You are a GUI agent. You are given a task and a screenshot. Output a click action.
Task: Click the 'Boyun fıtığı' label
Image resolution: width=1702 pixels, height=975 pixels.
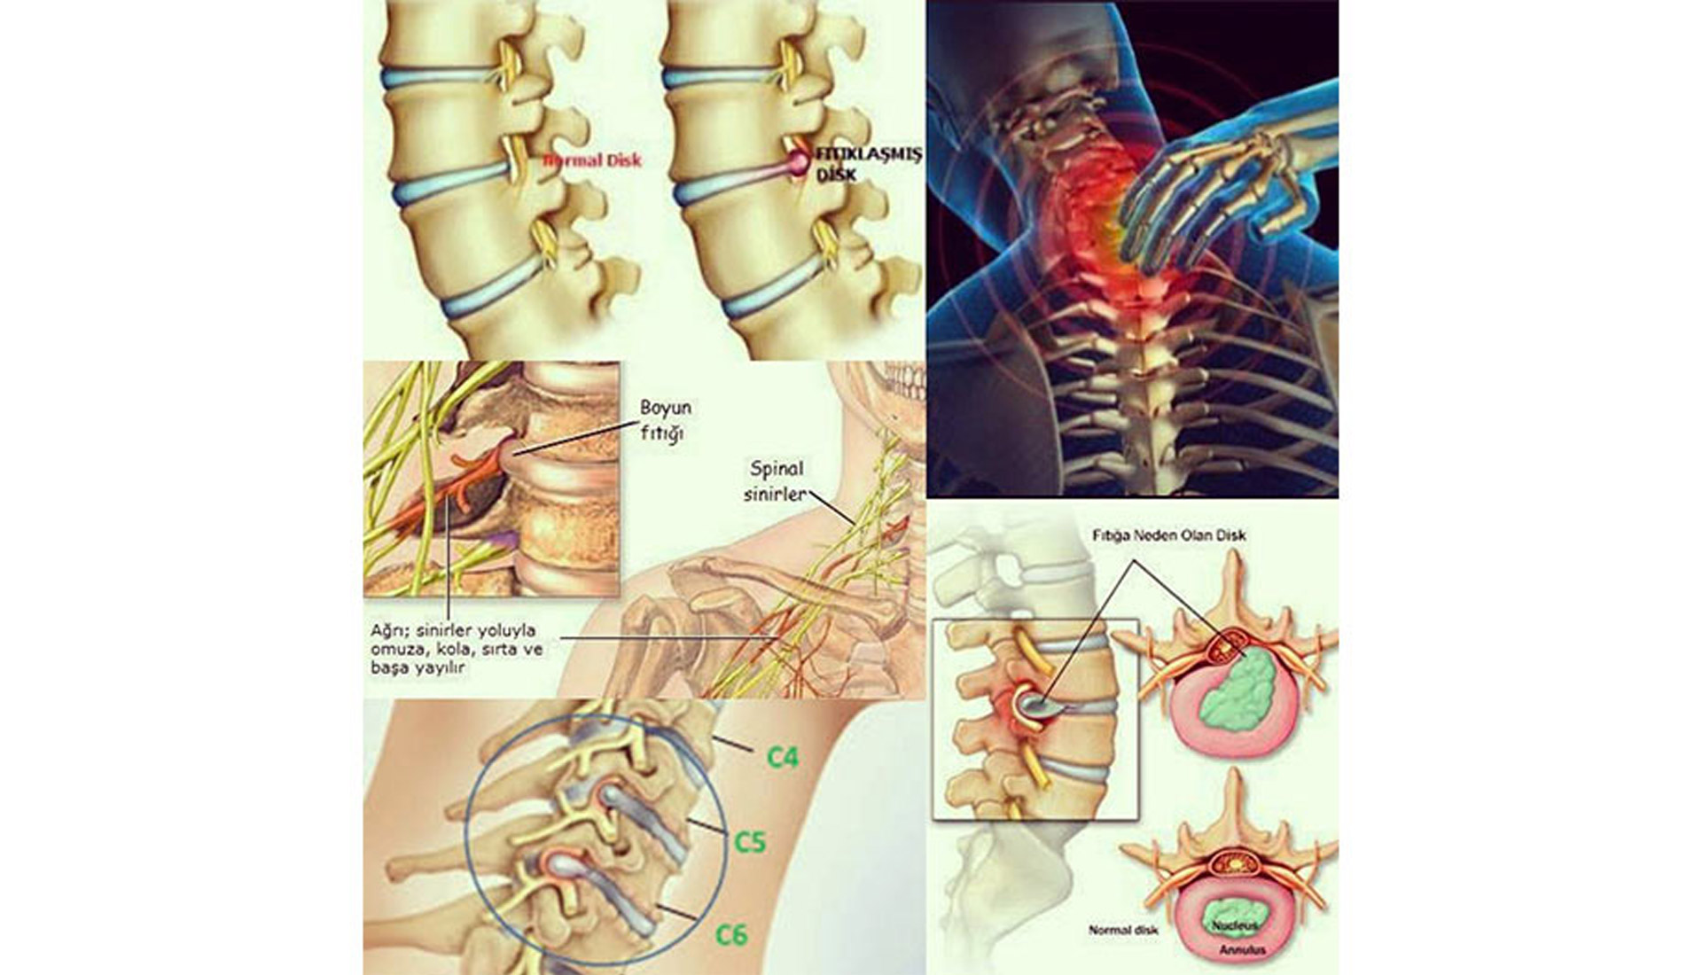point(666,421)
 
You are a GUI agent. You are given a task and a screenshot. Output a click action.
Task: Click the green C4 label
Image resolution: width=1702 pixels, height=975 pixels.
point(783,757)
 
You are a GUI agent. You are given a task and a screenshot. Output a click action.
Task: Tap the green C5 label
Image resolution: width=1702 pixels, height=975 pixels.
point(750,840)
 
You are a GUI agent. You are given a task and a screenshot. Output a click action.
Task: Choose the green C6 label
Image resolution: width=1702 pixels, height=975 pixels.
point(732,934)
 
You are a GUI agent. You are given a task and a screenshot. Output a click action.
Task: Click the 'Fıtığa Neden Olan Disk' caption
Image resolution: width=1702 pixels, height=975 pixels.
point(1168,536)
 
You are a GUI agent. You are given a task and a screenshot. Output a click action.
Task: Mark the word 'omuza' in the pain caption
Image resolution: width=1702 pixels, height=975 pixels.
point(394,651)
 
